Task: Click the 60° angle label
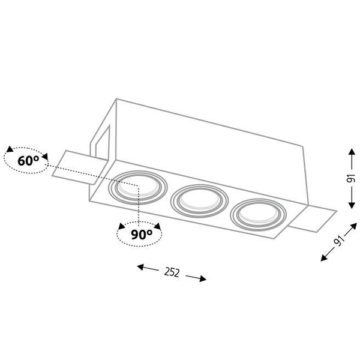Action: point(28,160)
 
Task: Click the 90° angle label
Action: point(142,234)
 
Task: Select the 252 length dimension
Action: point(172,272)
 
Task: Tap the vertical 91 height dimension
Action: point(351,178)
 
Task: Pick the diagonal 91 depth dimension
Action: point(340,240)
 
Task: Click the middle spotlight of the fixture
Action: point(199,201)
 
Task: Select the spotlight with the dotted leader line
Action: point(138,187)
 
